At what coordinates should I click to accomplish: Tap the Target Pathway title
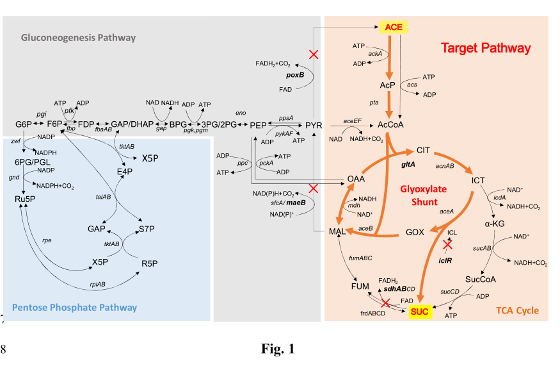[x=485, y=48]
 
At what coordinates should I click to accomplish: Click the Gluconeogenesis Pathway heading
[x=78, y=37]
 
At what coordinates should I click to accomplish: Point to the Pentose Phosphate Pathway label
[x=74, y=307]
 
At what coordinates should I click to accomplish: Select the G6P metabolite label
[x=23, y=124]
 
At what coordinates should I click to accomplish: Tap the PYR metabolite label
[x=314, y=124]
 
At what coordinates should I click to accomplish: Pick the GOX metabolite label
[x=415, y=231]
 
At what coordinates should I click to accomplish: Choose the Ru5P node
[x=24, y=198]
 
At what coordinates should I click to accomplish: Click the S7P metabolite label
[x=147, y=229]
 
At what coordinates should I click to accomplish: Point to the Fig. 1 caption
[x=278, y=349]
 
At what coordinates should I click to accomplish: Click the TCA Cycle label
[x=517, y=311]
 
